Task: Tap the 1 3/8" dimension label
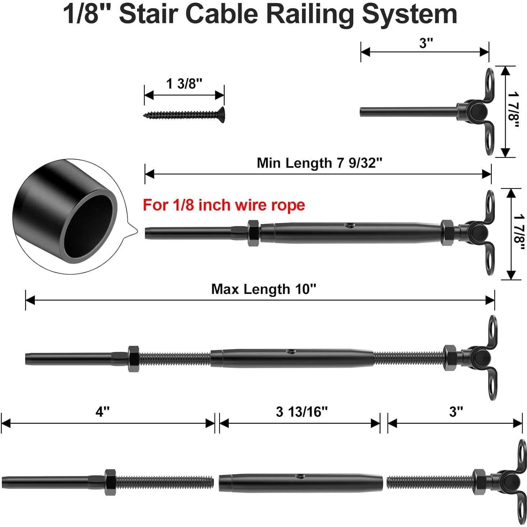(x=184, y=84)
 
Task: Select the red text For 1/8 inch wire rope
(x=224, y=205)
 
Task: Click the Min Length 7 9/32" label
(x=319, y=163)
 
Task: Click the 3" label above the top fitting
(x=426, y=43)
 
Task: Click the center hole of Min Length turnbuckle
(x=349, y=226)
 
